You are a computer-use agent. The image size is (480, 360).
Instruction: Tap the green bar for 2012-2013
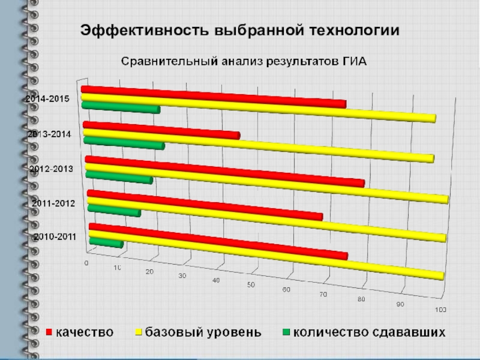pyautogui.click(x=119, y=177)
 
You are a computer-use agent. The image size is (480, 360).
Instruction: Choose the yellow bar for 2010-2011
pyautogui.click(x=267, y=254)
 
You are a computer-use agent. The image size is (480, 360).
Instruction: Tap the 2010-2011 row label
pyautogui.click(x=55, y=236)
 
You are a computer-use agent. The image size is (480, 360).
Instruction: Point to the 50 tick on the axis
pyautogui.click(x=251, y=284)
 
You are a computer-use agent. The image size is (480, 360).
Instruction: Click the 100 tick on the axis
pyautogui.click(x=440, y=310)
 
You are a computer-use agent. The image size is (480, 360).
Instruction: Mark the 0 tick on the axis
pyautogui.click(x=86, y=263)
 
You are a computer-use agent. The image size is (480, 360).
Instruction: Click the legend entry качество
pyautogui.click(x=85, y=332)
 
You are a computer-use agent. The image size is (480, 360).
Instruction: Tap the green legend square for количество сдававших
pyautogui.click(x=286, y=332)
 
